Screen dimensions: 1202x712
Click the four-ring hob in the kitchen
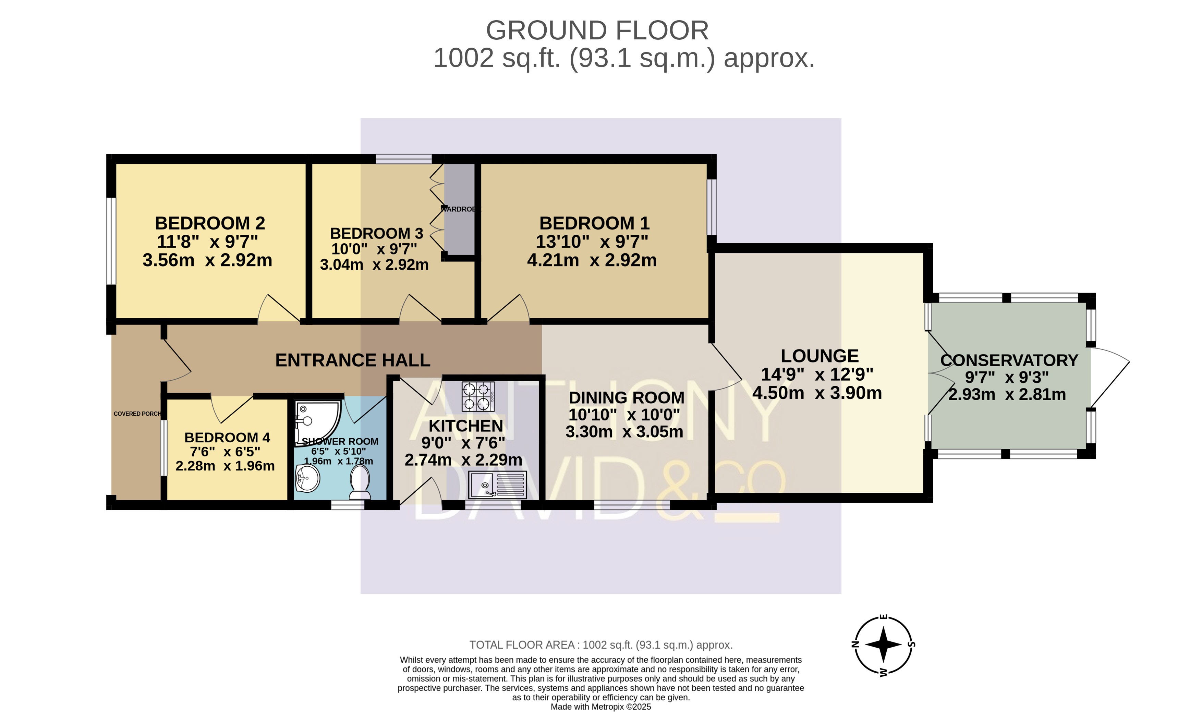pos(478,396)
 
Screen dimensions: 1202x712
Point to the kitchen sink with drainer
pos(498,485)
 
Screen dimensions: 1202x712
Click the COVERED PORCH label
pos(137,414)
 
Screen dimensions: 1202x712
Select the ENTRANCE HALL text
pos(353,360)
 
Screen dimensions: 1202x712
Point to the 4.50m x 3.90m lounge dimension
pos(817,393)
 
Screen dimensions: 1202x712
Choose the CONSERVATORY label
pos(1009,360)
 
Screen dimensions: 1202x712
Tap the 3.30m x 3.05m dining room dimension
pos(624,432)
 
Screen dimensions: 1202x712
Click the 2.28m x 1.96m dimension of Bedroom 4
pos(225,466)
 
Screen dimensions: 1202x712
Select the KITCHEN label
pos(465,426)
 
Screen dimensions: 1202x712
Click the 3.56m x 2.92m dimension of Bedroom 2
pos(207,260)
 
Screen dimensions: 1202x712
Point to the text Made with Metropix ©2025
pos(601,707)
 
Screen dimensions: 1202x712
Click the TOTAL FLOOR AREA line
pos(601,645)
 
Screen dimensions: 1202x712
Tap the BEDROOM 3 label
pos(377,234)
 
